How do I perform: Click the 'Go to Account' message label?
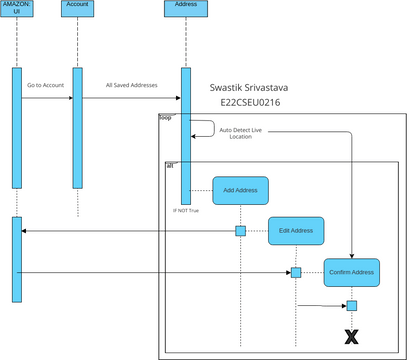click(46, 85)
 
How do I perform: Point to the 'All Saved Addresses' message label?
click(131, 85)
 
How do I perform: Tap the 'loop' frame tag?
click(166, 118)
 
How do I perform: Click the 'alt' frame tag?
click(170, 164)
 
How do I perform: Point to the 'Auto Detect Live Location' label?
click(241, 133)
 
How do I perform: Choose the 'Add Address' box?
click(240, 190)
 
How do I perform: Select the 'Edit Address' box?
click(296, 232)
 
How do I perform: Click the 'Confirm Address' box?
click(351, 272)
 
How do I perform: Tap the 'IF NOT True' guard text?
click(187, 211)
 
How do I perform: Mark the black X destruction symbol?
click(351, 337)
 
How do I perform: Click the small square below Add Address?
click(240, 231)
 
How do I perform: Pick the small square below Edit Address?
click(296, 272)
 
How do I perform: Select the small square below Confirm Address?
click(351, 306)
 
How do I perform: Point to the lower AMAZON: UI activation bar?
click(17, 258)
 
